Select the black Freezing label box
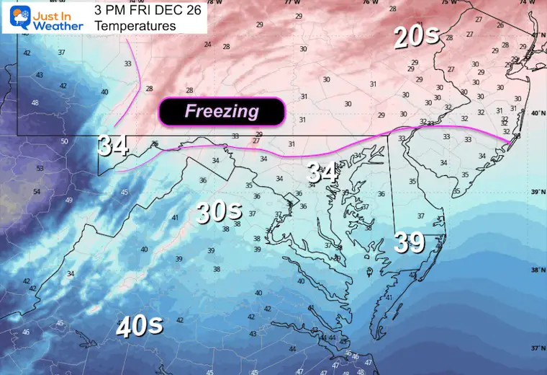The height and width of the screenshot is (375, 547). click(222, 111)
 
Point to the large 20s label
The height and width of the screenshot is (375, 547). click(416, 36)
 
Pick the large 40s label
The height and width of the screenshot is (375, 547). click(139, 326)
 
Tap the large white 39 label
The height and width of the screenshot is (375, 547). click(409, 242)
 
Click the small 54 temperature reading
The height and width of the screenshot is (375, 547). click(37, 191)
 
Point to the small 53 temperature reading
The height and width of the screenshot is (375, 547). click(40, 169)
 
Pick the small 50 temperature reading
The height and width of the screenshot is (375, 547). click(64, 141)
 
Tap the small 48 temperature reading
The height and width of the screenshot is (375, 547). click(35, 103)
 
